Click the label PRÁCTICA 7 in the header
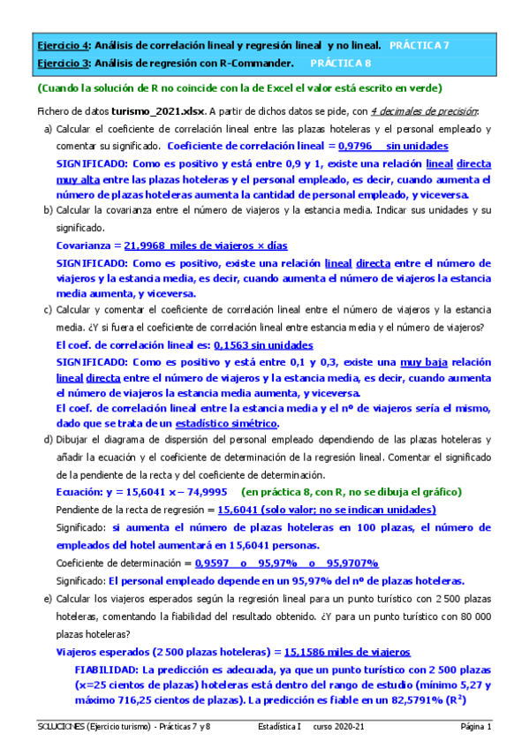click(x=419, y=44)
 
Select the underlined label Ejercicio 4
click(x=62, y=44)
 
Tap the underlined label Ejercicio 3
click(x=62, y=64)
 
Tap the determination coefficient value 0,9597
click(x=215, y=563)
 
